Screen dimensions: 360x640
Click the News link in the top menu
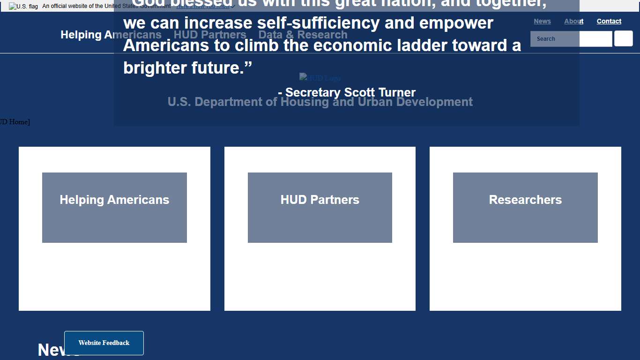(542, 21)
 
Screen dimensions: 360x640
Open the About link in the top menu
(573, 21)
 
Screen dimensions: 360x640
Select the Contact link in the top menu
(609, 21)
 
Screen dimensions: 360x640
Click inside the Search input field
(571, 39)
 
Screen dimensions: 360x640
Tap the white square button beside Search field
(623, 38)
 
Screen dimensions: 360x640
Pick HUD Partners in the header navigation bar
(209, 35)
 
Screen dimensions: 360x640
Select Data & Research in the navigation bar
(303, 35)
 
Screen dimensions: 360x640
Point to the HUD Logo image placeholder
(320, 78)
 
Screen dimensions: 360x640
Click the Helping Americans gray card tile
(114, 207)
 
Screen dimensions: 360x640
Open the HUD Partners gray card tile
(320, 207)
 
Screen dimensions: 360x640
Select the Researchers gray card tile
(525, 207)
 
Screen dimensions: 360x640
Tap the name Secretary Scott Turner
(350, 92)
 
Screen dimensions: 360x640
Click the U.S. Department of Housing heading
(320, 102)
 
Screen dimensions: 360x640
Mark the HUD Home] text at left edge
(14, 122)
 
